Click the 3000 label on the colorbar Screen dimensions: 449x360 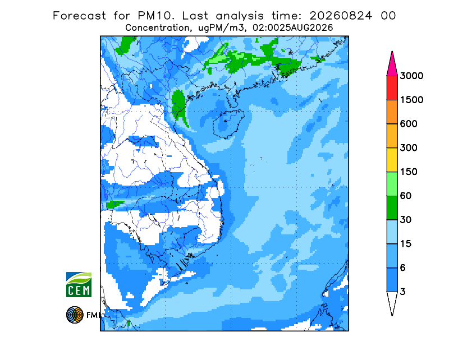411,76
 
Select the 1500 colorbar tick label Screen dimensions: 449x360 411,100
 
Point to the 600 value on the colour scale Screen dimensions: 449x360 409,124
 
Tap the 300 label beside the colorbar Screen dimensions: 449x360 409,148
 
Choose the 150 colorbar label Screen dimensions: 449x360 409,172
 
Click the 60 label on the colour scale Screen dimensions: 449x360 406,196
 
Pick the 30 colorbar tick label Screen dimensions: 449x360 406,220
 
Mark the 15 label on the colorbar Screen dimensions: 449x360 406,244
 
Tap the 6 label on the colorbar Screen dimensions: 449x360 403,268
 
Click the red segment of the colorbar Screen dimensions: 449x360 392,88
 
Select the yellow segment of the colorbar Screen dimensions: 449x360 392,160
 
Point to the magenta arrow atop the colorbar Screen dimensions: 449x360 392,65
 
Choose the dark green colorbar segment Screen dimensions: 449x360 392,208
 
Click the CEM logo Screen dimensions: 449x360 79,284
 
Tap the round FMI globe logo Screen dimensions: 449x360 75,315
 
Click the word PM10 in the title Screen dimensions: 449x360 156,16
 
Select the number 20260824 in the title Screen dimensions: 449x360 341,16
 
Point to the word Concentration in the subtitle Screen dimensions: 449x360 157,28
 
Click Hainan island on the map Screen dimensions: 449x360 228,124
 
